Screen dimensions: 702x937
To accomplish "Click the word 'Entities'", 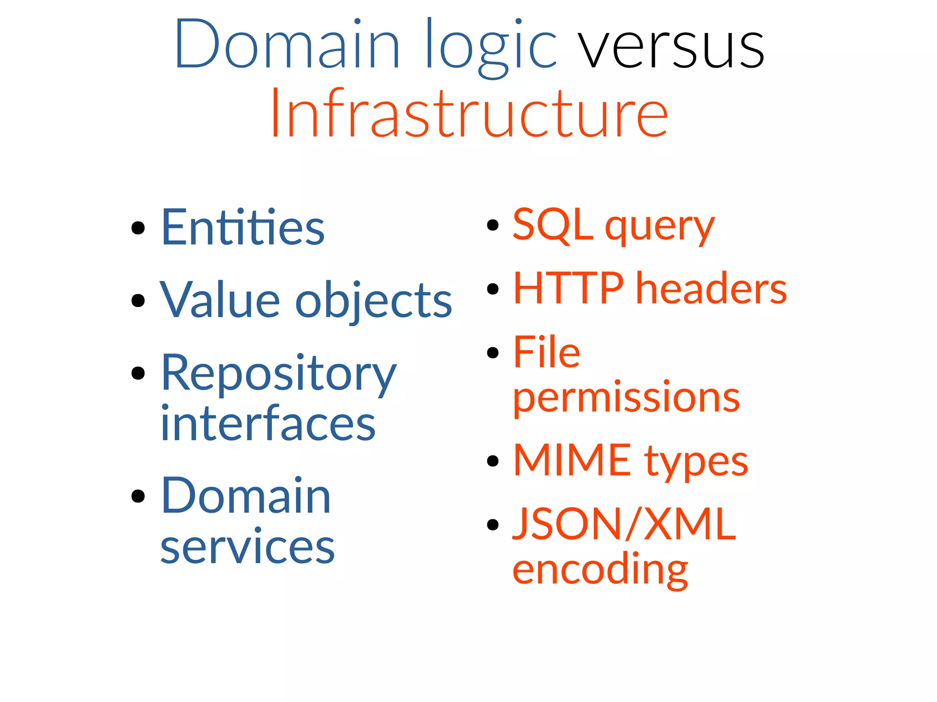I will pyautogui.click(x=243, y=227).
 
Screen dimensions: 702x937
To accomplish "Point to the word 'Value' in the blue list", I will pyautogui.click(x=220, y=300).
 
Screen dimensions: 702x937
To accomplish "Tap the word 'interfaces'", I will pyautogui.click(x=268, y=424).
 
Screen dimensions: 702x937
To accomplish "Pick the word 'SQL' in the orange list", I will pyautogui.click(x=552, y=224).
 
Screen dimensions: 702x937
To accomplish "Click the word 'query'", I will pyautogui.click(x=659, y=227).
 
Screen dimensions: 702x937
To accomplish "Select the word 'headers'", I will pyautogui.click(x=711, y=289).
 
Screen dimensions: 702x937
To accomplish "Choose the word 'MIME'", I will pyautogui.click(x=572, y=461).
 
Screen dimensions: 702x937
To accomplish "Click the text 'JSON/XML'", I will pyautogui.click(x=624, y=524).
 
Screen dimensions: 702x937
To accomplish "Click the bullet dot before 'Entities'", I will pyautogui.click(x=138, y=227).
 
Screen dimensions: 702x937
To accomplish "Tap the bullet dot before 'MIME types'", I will pyautogui.click(x=493, y=461).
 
